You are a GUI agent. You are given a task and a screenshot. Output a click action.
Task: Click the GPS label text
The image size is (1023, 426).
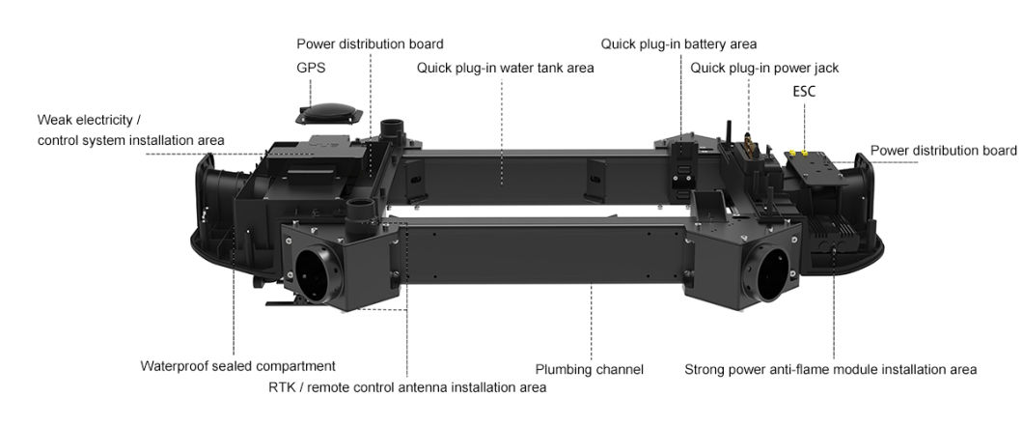[311, 69]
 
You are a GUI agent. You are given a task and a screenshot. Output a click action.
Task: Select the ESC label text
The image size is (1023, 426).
[804, 93]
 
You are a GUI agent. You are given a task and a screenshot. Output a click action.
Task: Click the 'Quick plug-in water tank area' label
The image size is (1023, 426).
[505, 68]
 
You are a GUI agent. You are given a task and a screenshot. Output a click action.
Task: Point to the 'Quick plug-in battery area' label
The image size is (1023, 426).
[678, 43]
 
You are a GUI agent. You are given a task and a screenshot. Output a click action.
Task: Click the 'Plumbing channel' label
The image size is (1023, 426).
[589, 369]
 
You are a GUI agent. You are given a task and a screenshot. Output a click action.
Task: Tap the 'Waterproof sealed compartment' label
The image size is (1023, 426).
[237, 366]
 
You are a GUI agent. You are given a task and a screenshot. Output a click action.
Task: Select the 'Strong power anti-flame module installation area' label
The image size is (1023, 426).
[830, 369]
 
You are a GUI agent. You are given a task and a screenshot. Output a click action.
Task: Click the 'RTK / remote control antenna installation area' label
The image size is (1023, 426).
[407, 387]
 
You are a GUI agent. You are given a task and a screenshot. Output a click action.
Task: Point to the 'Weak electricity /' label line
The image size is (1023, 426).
[89, 120]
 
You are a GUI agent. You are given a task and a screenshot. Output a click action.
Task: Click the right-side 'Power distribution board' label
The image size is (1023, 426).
[943, 151]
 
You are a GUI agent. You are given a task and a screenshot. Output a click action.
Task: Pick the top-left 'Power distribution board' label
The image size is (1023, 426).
[370, 43]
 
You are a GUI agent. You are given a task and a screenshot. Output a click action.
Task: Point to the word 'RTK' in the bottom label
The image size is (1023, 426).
[282, 387]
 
